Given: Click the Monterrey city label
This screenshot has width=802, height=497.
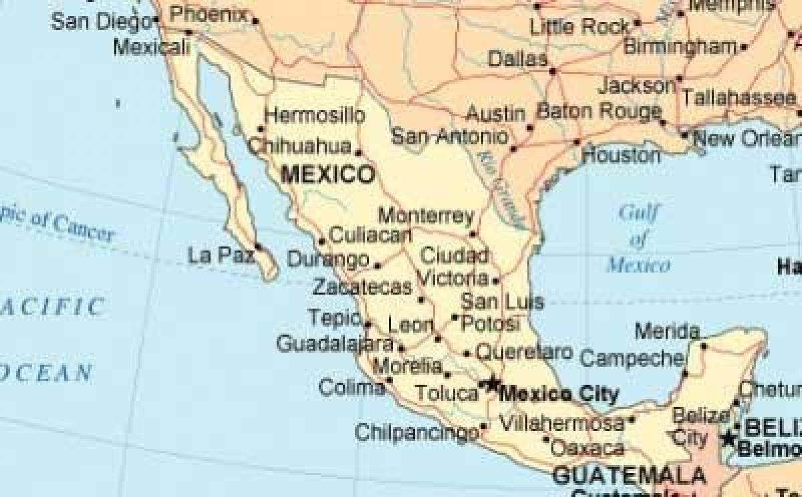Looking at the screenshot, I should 426,216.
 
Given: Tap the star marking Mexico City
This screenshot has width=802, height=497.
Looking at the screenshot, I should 492,383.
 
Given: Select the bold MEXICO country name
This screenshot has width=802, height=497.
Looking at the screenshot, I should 327,175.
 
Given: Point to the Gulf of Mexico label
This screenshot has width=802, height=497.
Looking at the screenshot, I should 638,239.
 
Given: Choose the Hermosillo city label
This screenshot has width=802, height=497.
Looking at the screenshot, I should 315,116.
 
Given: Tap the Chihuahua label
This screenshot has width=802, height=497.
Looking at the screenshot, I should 299,146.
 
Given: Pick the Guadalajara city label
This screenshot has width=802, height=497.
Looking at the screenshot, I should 334,344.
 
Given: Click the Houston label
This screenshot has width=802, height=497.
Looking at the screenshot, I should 621,156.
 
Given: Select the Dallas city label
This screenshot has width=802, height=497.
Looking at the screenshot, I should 518,59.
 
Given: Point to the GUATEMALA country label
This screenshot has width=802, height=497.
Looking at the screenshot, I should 630,476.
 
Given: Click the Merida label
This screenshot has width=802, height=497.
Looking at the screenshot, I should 666,331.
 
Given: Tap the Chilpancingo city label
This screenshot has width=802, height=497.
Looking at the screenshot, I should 416,432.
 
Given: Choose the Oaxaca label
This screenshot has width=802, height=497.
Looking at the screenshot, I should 587,446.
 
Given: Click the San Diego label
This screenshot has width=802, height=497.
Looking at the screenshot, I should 101,21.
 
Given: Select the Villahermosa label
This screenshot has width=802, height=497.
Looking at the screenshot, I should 562,423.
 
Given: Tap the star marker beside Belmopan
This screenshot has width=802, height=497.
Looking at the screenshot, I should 728,439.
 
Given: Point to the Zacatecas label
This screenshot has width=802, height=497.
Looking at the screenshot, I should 362,287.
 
